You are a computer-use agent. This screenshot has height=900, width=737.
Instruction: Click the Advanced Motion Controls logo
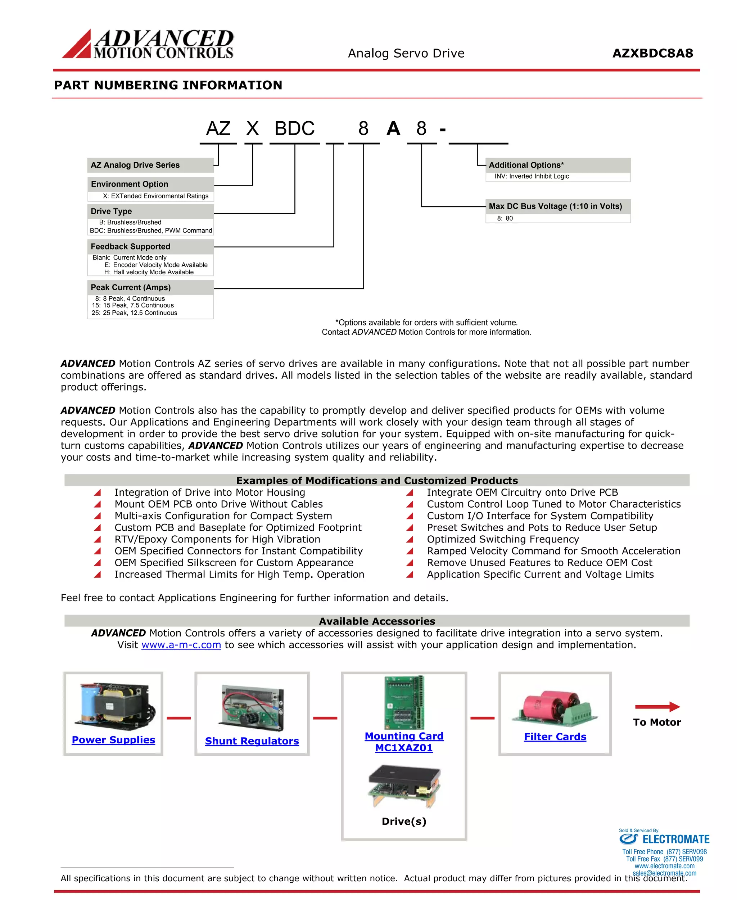pyautogui.click(x=148, y=44)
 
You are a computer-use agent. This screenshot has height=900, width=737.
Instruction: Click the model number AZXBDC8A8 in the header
pyautogui.click(x=652, y=54)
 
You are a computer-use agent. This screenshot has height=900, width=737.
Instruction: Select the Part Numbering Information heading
pyautogui.click(x=168, y=85)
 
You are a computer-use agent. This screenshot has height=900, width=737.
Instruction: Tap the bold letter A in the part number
pyautogui.click(x=393, y=128)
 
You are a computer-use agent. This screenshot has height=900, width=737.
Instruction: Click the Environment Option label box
pyautogui.click(x=150, y=184)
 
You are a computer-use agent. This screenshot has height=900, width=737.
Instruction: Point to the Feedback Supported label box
pyautogui.click(x=150, y=246)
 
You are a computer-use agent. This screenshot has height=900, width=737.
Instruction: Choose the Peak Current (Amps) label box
pyautogui.click(x=150, y=288)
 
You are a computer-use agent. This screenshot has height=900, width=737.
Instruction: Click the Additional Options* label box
pyautogui.click(x=557, y=165)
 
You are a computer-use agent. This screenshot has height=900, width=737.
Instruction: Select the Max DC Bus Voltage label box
pyautogui.click(x=557, y=206)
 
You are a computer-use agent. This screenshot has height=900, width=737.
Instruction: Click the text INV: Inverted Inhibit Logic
pyautogui.click(x=532, y=176)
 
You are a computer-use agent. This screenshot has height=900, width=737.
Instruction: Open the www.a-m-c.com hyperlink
pyautogui.click(x=181, y=645)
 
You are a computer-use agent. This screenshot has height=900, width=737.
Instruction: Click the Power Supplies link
pyautogui.click(x=113, y=740)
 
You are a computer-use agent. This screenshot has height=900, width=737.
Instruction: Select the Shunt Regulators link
pyautogui.click(x=252, y=741)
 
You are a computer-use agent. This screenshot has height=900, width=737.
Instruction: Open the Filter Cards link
pyautogui.click(x=555, y=737)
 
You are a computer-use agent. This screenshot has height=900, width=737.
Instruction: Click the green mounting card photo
pyautogui.click(x=404, y=702)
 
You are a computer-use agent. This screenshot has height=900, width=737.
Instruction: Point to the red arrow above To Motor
pyautogui.click(x=657, y=707)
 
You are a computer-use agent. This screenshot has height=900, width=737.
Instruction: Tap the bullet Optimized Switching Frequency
pyautogui.click(x=503, y=539)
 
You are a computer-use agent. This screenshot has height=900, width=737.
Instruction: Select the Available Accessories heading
pyautogui.click(x=377, y=621)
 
